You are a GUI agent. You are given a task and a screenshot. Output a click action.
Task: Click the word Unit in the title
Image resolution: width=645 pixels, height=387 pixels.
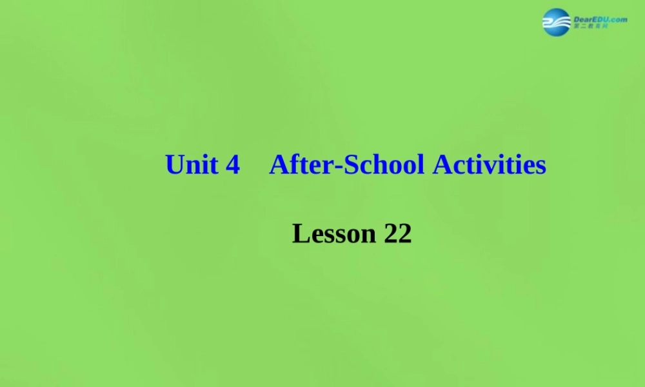point(191,165)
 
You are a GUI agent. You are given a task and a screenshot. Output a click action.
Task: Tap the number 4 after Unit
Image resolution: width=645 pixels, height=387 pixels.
point(233,166)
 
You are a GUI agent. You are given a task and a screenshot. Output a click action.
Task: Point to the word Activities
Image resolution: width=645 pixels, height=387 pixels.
point(490,165)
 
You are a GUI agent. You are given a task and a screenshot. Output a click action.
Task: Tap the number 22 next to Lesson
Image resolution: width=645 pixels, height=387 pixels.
point(397,233)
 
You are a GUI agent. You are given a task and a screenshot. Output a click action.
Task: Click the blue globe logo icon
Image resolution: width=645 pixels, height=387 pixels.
point(556,22)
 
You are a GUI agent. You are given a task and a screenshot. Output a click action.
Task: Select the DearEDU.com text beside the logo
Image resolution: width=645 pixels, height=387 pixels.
point(600,19)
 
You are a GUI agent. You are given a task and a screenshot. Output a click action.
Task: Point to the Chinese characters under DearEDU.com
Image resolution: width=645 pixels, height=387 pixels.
point(590,27)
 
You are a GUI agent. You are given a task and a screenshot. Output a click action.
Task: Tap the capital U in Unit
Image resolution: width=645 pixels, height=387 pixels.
point(174,165)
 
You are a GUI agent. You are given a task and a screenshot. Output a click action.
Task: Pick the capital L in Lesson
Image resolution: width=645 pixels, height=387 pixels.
point(301,233)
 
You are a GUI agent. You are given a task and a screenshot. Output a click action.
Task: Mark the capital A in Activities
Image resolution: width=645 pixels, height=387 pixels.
point(442,165)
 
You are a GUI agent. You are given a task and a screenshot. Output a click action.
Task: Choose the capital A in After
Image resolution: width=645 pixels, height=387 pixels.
point(279,165)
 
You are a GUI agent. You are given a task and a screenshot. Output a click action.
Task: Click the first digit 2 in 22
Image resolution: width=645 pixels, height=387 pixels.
point(390,233)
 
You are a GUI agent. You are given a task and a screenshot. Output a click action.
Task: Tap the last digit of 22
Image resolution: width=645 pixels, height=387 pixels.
point(404,233)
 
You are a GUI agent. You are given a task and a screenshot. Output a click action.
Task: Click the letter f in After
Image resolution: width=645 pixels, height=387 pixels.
point(294,164)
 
